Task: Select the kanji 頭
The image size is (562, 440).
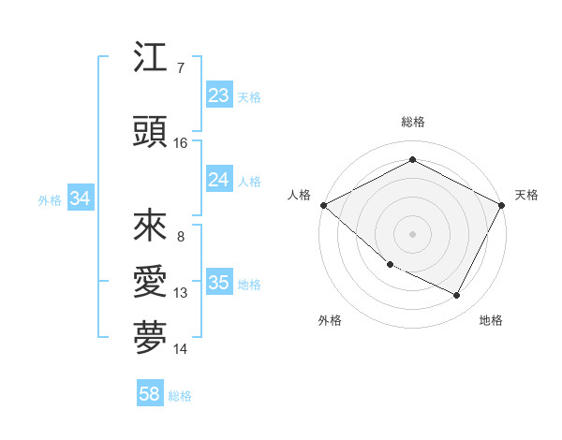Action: point(150,133)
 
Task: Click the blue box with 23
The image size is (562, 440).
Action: point(218,95)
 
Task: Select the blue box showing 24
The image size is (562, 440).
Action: point(218,180)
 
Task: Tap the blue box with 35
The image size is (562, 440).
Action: point(218,283)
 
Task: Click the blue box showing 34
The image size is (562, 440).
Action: point(80,198)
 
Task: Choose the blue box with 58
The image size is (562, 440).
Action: point(150,394)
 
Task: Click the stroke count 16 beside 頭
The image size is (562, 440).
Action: point(181,143)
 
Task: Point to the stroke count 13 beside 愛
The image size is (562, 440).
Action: point(181,293)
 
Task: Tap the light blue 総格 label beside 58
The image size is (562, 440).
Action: point(180,396)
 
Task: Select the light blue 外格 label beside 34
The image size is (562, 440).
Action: point(50,199)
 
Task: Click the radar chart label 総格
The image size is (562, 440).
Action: point(412,122)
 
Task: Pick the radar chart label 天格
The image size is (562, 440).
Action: point(526,195)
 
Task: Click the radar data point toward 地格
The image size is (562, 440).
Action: point(457,296)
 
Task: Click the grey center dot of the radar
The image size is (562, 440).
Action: point(412,233)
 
